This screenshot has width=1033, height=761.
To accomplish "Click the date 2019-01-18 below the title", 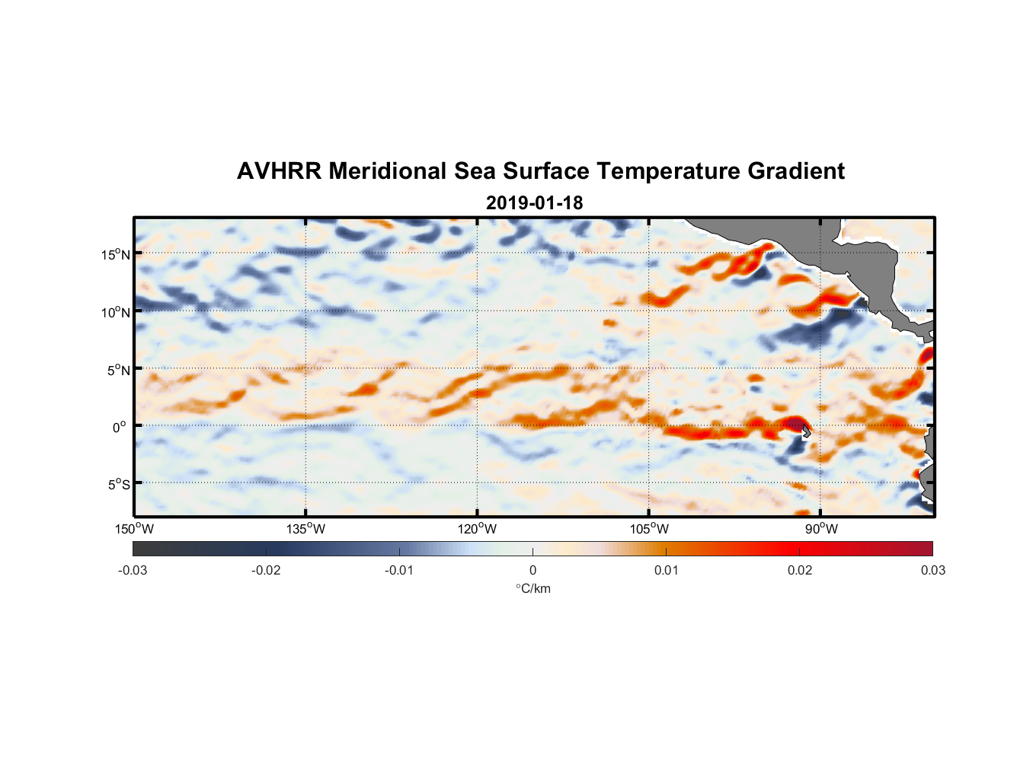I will click(534, 202).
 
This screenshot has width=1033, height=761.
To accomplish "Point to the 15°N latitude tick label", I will click(116, 254).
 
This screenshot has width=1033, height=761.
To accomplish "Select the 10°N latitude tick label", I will click(116, 312).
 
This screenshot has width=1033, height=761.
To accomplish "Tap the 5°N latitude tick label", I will click(118, 370).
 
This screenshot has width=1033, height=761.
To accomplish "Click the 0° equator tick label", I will click(120, 427).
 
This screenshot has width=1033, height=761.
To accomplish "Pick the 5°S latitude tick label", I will click(118, 485).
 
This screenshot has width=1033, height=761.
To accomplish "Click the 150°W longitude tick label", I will click(134, 529).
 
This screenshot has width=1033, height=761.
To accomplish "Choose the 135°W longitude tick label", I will click(305, 529).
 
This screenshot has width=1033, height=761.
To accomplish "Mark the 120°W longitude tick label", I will click(477, 529).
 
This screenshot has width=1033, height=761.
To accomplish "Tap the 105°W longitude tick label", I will click(649, 529).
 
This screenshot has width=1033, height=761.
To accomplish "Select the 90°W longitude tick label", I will click(821, 529).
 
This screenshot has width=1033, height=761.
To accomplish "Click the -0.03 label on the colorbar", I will click(133, 570).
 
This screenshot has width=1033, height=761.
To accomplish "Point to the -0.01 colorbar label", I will click(399, 570).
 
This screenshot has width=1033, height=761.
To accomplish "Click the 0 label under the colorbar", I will click(532, 570).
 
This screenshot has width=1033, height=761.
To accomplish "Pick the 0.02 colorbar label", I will click(800, 570).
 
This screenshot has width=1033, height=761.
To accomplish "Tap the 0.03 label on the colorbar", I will click(932, 570).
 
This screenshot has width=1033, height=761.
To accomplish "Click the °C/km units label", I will click(533, 588).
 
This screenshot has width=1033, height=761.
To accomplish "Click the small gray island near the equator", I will click(806, 431).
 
